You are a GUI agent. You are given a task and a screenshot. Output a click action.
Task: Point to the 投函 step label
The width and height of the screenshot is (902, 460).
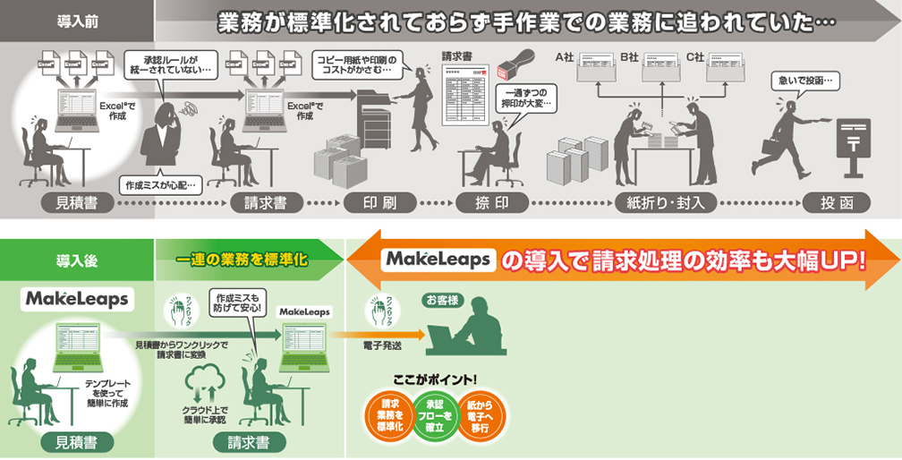(x=836, y=202)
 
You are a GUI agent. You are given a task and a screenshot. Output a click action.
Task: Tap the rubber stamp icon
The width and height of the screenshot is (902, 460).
(x=515, y=64)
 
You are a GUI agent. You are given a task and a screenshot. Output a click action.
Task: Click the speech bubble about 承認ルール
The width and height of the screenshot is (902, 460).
(x=170, y=63)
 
